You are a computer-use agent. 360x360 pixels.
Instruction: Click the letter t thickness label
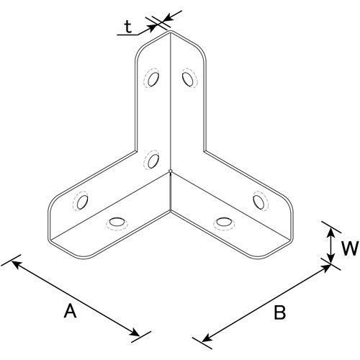(128, 27)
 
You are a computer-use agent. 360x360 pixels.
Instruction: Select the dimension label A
(70, 311)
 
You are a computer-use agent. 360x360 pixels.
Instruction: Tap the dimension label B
(279, 312)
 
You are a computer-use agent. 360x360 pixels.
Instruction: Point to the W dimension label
(350, 248)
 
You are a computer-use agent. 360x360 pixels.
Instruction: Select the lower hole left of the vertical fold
(153, 161)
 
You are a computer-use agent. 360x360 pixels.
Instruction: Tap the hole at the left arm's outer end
(82, 202)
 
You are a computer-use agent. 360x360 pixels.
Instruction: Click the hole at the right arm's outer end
(258, 202)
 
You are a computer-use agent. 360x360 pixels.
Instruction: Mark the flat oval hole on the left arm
(117, 222)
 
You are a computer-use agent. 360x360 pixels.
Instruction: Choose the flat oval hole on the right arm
(224, 222)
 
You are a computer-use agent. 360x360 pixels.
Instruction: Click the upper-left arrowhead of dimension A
(17, 264)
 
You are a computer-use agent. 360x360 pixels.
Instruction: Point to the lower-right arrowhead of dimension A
(134, 333)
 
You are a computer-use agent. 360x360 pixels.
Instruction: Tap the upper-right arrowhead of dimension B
(325, 268)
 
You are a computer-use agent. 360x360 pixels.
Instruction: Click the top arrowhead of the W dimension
(330, 233)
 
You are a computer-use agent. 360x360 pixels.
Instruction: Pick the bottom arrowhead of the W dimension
(330, 258)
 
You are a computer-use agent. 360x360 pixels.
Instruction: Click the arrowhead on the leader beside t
(151, 28)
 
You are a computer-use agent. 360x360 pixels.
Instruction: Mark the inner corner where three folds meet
(170, 171)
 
